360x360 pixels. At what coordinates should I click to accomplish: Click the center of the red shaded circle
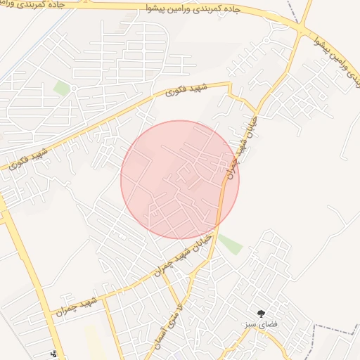click(180, 179)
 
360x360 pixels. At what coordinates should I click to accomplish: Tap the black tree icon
click(262, 313)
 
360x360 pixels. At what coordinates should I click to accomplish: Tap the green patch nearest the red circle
click(230, 244)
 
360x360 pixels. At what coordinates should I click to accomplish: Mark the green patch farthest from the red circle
click(62, 89)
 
